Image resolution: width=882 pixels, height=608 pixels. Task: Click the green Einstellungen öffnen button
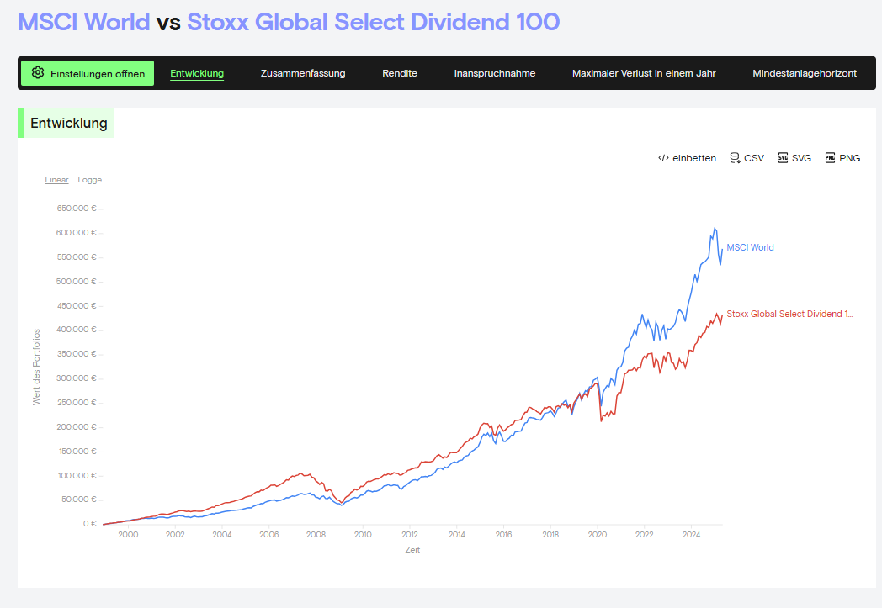tap(88, 73)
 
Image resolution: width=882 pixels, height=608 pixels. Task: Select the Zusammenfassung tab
tap(303, 73)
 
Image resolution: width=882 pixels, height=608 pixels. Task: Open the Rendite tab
tap(400, 73)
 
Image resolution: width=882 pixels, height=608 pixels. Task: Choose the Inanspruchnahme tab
tap(495, 73)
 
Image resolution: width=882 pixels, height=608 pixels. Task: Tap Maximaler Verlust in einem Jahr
tap(644, 73)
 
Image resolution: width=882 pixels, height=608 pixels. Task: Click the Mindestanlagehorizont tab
tap(805, 73)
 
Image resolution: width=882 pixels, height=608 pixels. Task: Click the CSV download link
tap(747, 158)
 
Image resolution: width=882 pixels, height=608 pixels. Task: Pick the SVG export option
tap(794, 158)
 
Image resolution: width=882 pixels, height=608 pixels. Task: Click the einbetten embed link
tap(688, 158)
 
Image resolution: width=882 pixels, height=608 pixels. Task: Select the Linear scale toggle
tap(57, 180)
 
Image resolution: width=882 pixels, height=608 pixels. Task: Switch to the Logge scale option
tap(90, 180)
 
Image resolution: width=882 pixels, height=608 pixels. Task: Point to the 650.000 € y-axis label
tap(76, 209)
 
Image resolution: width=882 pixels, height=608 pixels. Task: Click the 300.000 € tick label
tap(76, 378)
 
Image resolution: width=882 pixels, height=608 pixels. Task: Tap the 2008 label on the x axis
tap(316, 534)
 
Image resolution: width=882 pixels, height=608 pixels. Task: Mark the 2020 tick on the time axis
tap(598, 534)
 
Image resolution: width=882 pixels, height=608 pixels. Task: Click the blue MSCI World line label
tap(750, 247)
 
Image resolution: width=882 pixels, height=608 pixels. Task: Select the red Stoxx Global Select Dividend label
tap(789, 314)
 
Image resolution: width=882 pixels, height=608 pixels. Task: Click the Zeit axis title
tap(412, 551)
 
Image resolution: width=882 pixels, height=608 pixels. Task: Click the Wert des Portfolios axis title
tap(37, 367)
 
